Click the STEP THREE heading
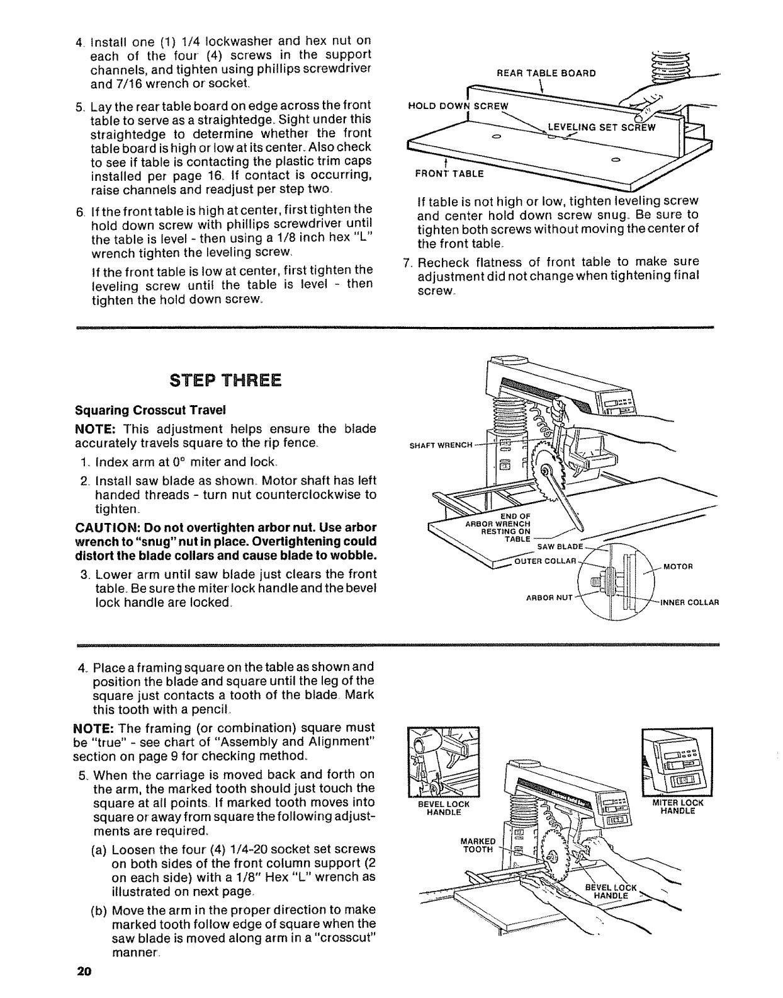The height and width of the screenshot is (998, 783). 225,381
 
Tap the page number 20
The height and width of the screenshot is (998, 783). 84,971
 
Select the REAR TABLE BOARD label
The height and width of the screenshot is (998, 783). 546,72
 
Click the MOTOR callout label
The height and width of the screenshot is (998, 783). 678,566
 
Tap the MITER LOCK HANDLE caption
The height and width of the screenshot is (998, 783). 677,807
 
